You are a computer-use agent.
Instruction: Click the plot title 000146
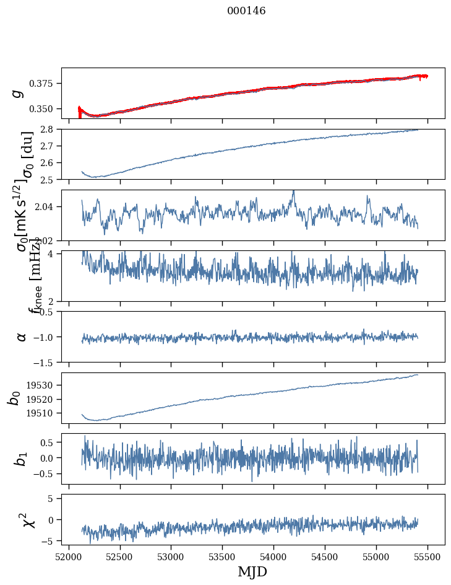[246, 11]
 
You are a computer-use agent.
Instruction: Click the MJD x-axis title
[252, 571]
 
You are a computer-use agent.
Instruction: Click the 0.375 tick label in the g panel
[45, 84]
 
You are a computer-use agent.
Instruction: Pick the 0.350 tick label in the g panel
[45, 108]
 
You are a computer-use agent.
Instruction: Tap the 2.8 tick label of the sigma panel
[49, 129]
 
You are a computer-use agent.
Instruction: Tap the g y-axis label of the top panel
[19, 93]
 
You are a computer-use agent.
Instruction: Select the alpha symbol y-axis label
[22, 336]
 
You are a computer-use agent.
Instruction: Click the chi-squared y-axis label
[28, 520]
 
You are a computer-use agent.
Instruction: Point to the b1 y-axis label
[22, 459]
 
